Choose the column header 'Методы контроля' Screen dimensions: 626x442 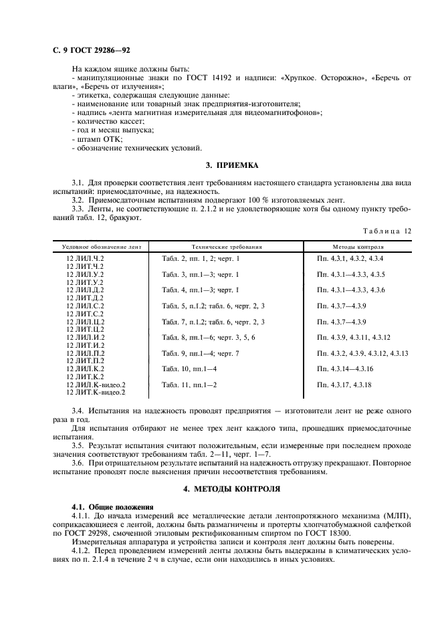354,246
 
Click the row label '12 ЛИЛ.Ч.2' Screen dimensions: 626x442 86,257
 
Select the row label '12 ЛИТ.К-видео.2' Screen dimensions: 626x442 96,393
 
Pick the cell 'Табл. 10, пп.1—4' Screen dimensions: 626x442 190,369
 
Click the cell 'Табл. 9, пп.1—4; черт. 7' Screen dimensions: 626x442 201,353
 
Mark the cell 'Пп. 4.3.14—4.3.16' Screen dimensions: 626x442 348,369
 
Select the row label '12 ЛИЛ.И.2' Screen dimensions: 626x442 86,337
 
